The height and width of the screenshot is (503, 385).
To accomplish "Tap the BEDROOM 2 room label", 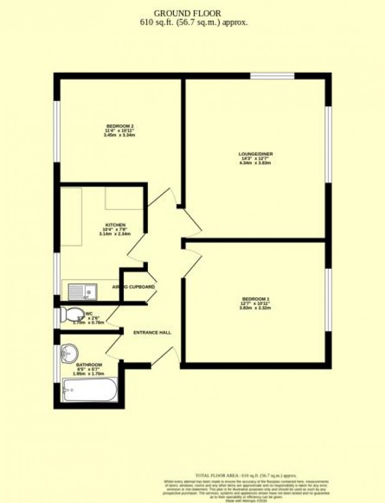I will (120, 126).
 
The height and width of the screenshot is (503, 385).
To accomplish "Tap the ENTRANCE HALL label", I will (152, 333).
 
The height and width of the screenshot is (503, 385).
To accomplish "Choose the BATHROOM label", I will (89, 364).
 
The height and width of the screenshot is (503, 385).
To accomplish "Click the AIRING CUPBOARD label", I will (134, 287).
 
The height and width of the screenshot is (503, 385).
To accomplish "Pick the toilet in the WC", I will (70, 315).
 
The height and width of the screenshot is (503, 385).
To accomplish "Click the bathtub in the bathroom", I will (89, 390).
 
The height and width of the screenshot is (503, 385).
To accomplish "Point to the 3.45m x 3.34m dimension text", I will (120, 135).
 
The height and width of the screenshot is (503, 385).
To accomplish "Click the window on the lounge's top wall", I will (272, 76).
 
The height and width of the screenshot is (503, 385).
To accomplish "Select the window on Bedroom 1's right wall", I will (328, 300).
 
